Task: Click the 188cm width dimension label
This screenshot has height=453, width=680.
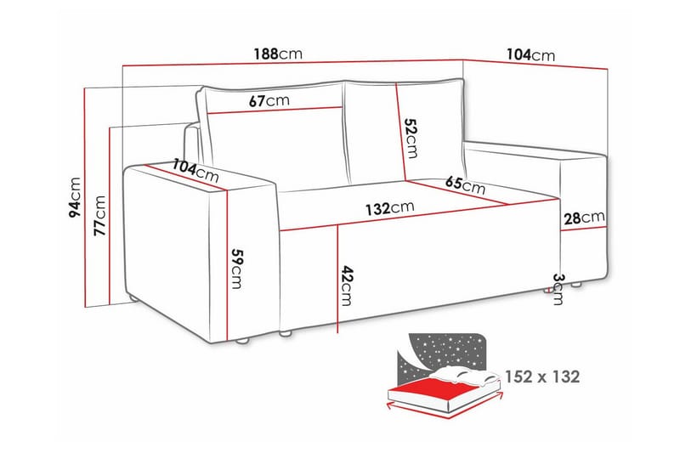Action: click(x=277, y=53)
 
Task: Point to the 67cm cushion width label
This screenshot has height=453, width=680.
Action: click(x=269, y=99)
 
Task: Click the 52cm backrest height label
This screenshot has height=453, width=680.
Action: click(x=411, y=138)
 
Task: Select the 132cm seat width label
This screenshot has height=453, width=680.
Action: click(x=390, y=207)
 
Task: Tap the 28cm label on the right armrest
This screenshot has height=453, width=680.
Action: click(x=584, y=218)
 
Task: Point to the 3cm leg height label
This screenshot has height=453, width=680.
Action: click(x=558, y=289)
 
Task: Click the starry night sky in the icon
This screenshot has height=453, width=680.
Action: click(x=442, y=348)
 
